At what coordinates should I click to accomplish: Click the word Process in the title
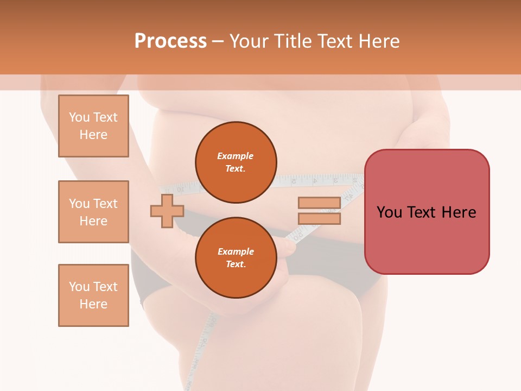[x=170, y=41]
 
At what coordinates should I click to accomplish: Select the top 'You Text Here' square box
[x=93, y=126]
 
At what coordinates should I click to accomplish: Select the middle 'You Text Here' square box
[x=93, y=212]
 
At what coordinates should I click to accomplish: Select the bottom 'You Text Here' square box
[x=93, y=295]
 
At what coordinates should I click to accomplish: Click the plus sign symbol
[x=167, y=211]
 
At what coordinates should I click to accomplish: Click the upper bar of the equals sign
[x=319, y=203]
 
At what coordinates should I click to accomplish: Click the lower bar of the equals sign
[x=319, y=219]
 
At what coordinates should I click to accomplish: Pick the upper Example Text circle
[x=236, y=162]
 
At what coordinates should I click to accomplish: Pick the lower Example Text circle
[x=236, y=258]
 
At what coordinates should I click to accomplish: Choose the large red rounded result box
[x=427, y=239]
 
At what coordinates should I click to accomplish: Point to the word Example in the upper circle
[x=236, y=156]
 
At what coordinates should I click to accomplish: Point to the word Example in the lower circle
[x=236, y=251]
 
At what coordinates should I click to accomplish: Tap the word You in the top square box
[x=79, y=117]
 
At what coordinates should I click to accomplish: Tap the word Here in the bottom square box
[x=93, y=304]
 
